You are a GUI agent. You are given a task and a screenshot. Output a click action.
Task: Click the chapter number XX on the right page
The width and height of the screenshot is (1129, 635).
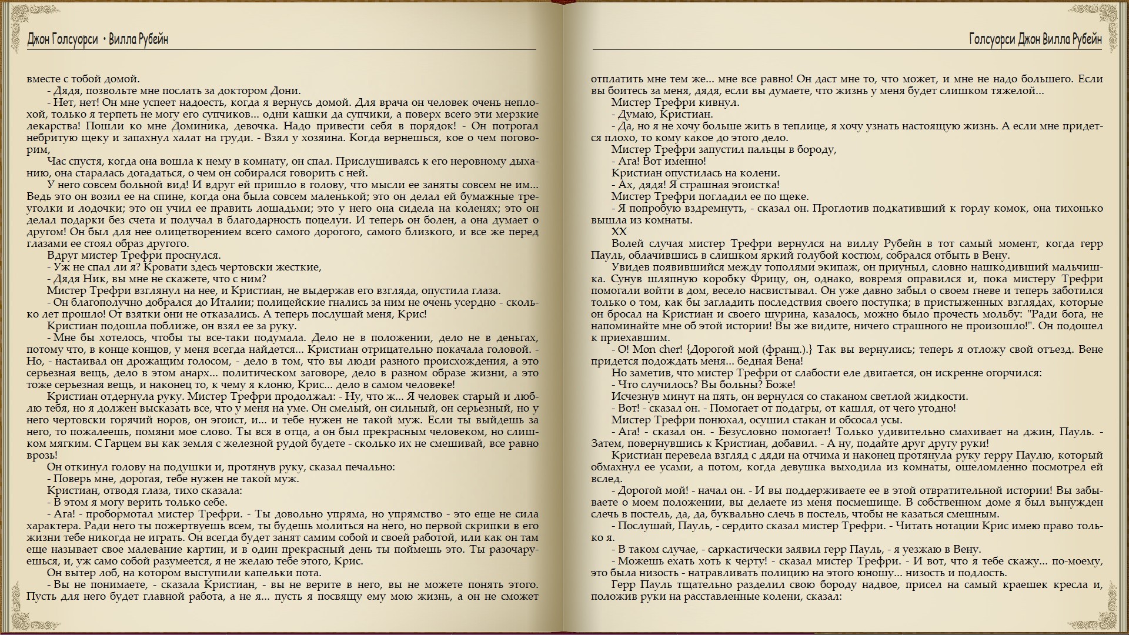coord(619,232)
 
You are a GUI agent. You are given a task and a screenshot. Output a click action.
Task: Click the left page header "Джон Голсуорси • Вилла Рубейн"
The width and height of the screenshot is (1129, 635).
coord(98,39)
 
